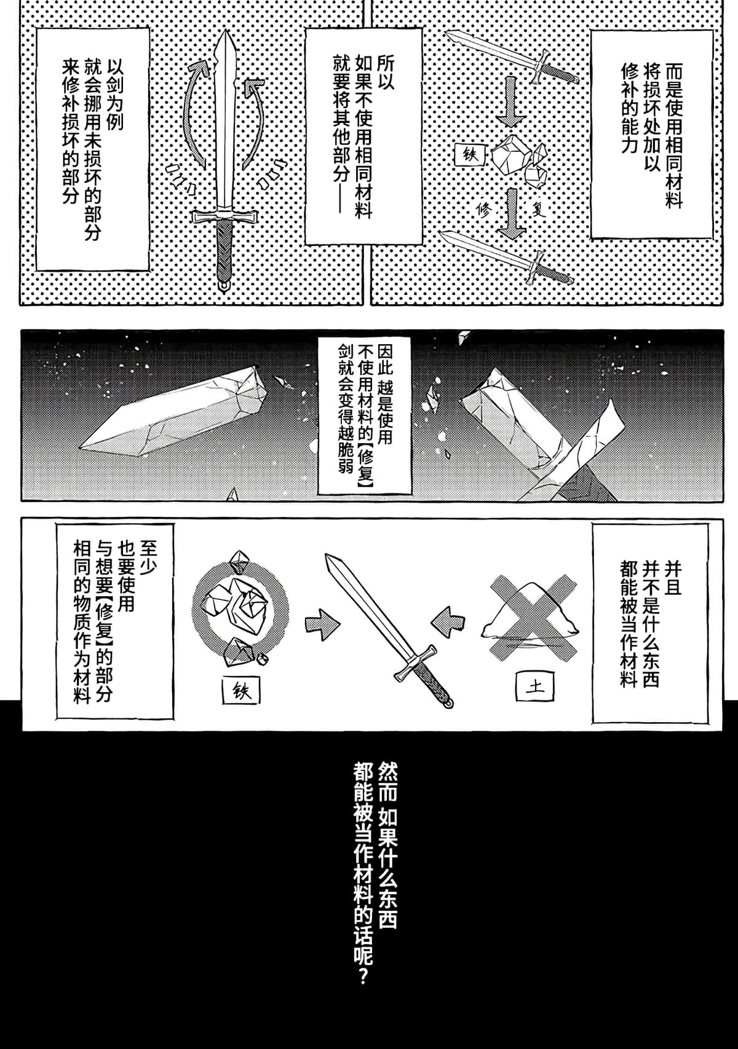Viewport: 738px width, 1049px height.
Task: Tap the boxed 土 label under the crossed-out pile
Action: (534, 686)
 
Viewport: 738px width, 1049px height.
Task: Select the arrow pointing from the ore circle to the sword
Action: (322, 624)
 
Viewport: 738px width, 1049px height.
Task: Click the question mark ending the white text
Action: (362, 976)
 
